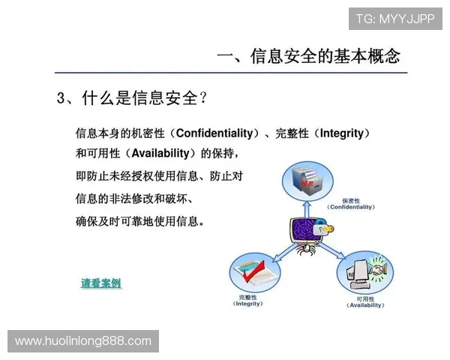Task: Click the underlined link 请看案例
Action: coord(100,283)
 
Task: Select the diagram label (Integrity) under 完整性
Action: coord(247,304)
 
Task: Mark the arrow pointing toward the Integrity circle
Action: coord(281,251)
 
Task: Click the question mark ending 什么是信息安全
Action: coord(203,98)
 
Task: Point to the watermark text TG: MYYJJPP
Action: coord(395,18)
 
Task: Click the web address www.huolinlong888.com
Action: coord(83,341)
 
